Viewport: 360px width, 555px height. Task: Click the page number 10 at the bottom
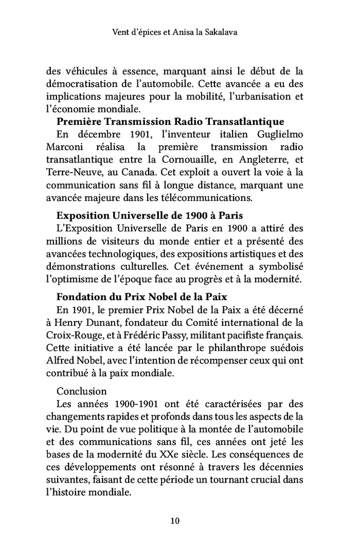pyautogui.click(x=174, y=521)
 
